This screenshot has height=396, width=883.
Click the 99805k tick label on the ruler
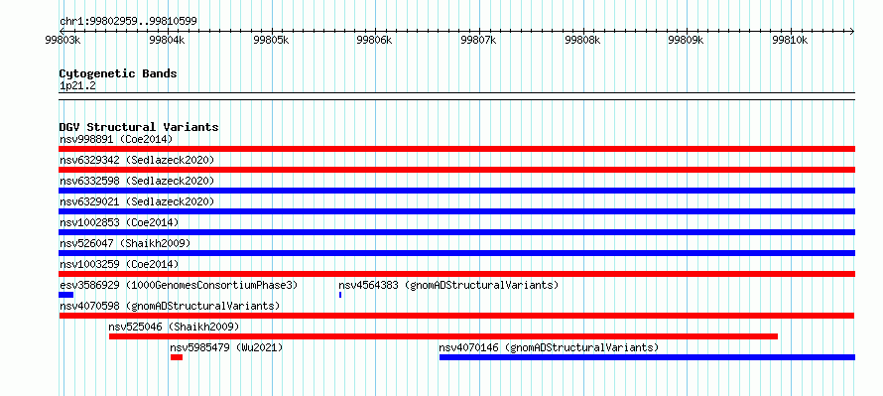pos(271,40)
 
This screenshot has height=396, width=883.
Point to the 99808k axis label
pos(581,40)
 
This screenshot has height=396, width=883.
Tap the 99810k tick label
pos(790,40)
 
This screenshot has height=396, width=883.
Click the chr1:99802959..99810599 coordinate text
pos(128,22)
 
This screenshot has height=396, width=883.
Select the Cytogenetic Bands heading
pos(118,73)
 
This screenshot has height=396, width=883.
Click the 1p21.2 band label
pos(77,86)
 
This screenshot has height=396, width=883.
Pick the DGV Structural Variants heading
pos(139,127)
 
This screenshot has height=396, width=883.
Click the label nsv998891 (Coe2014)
pos(116,139)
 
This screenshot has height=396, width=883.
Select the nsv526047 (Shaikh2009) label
pos(125,243)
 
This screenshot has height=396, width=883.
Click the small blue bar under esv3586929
pos(65,295)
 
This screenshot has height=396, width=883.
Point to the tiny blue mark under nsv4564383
pos(340,295)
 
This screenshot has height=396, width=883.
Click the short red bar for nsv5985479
pos(177,357)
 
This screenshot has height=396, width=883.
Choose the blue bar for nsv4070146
pos(647,357)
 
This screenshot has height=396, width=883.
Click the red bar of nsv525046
pos(443,336)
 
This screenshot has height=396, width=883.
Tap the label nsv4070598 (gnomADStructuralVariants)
pos(170,306)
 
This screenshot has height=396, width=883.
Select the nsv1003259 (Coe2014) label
pos(119,264)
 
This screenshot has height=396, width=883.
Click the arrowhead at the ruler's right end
pos(852,31)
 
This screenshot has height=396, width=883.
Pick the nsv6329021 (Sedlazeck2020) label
pos(137,201)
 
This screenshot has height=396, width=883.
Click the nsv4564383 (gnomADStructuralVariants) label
pos(448,285)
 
